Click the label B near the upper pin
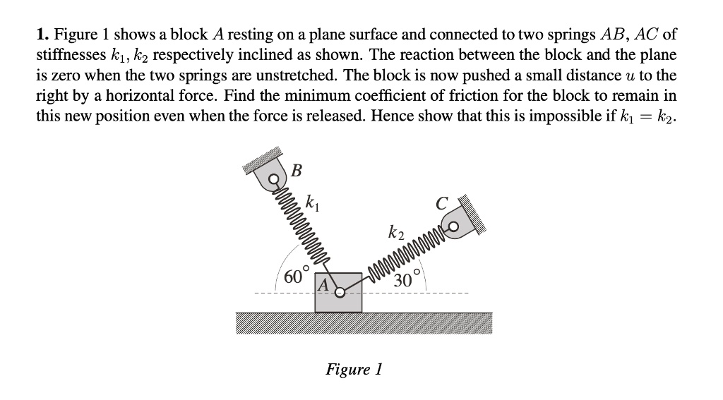296,171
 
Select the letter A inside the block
323,286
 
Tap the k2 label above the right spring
396,231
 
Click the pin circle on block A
340,292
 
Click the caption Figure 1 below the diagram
353,370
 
